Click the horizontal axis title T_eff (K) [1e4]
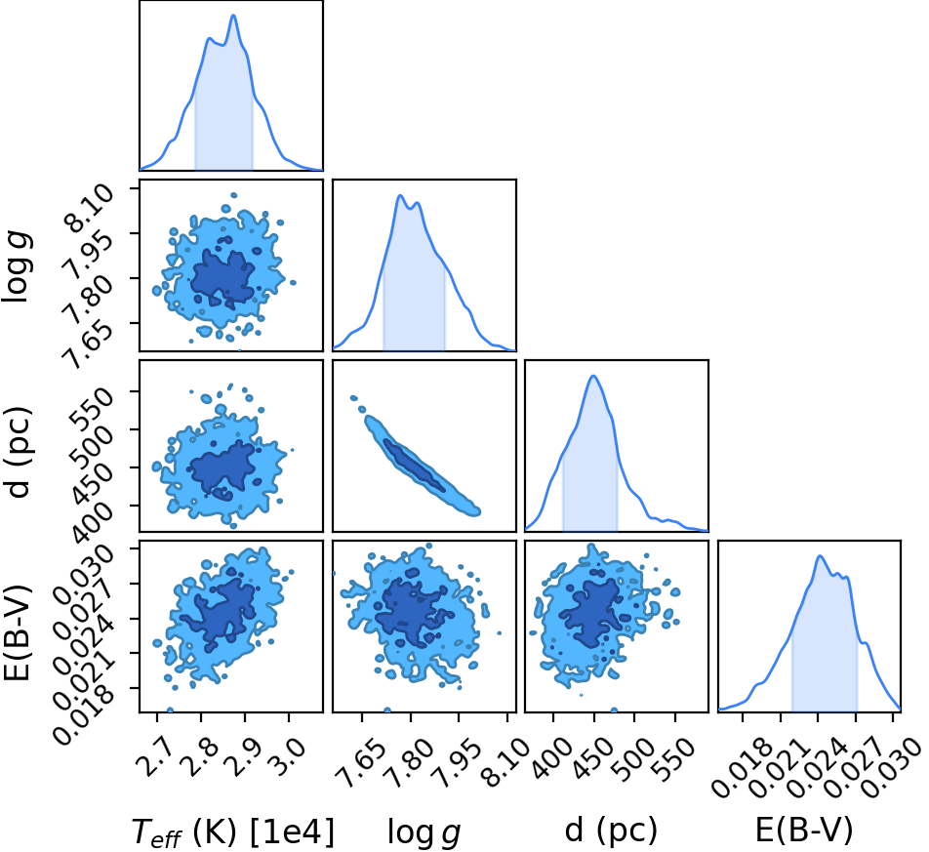click(x=233, y=832)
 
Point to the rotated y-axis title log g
click(x=16, y=267)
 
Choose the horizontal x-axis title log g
click(x=424, y=832)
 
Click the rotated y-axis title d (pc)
click(x=17, y=453)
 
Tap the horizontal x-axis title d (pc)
click(x=611, y=831)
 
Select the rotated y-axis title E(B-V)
click(x=16, y=632)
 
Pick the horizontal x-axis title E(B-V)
click(x=804, y=831)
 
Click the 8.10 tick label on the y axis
click(x=89, y=209)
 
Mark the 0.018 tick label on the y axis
click(x=84, y=712)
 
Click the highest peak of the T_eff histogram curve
click(x=233, y=16)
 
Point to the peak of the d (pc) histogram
click(x=593, y=376)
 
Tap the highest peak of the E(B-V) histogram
click(x=820, y=555)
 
